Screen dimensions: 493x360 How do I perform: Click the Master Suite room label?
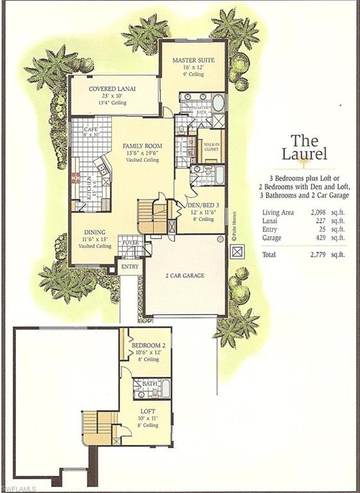(193, 60)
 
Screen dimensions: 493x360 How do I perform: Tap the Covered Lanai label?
(112, 88)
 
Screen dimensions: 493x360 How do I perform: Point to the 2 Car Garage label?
(184, 275)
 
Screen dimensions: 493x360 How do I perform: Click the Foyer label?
(131, 243)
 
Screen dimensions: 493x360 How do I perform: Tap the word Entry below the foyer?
(130, 266)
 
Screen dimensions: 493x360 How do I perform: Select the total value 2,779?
(309, 255)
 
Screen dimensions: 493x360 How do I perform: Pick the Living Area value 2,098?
(309, 212)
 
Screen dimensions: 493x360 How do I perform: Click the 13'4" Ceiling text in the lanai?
(112, 103)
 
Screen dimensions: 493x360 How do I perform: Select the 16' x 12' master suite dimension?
(193, 68)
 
